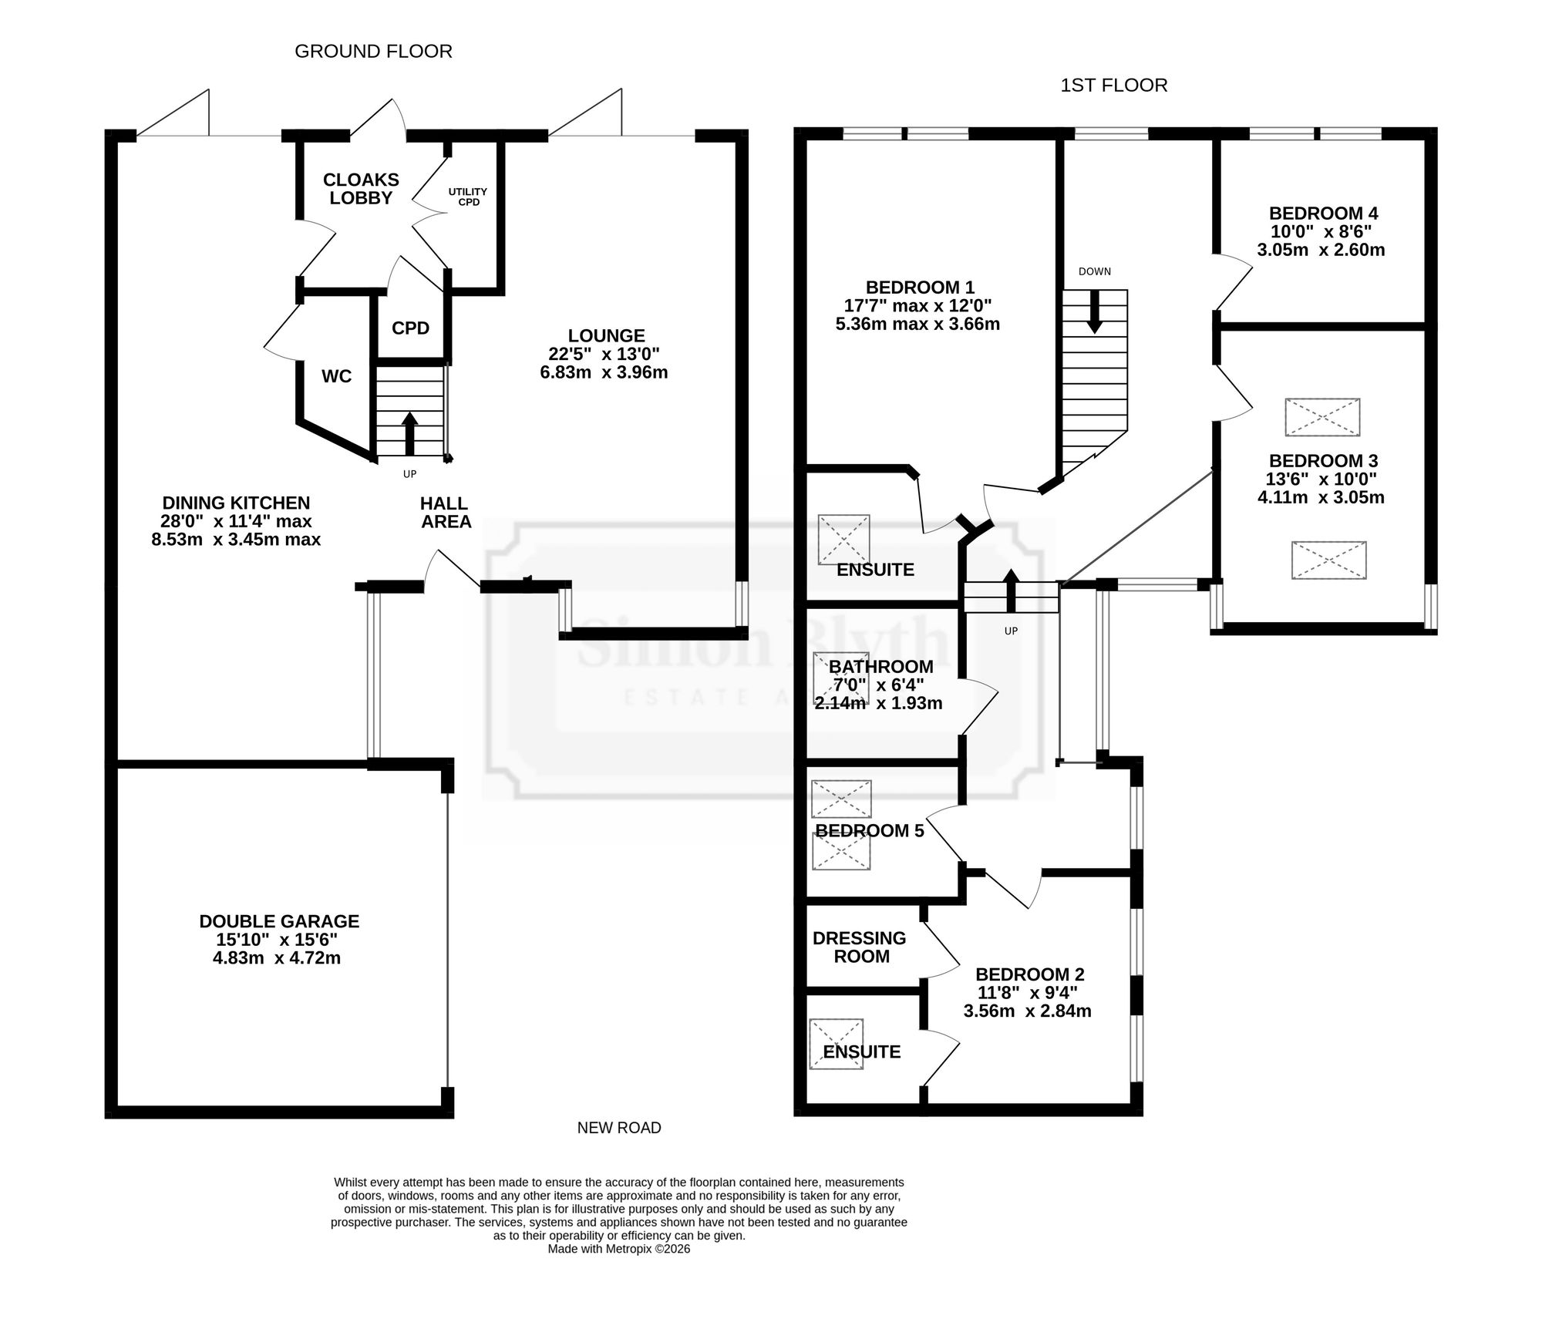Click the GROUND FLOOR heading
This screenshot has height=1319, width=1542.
(373, 52)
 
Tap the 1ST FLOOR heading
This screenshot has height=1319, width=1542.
(1113, 86)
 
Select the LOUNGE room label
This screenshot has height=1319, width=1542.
(606, 336)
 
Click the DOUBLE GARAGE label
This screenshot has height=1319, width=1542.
(279, 921)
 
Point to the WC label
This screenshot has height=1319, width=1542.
(336, 376)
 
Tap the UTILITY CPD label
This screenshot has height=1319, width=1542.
(468, 197)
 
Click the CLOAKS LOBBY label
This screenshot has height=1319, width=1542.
(361, 189)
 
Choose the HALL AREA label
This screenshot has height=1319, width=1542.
(445, 513)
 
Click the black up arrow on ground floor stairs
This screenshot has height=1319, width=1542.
(409, 433)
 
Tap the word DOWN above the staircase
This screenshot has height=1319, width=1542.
(1095, 271)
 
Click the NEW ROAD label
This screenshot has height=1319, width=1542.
(619, 1128)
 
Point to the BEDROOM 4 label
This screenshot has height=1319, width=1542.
(1324, 214)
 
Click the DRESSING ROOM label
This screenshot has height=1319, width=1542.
(860, 947)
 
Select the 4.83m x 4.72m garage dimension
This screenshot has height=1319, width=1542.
(277, 958)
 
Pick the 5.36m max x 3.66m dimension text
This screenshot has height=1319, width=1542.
(917, 325)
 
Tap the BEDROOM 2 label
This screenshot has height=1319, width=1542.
(1029, 974)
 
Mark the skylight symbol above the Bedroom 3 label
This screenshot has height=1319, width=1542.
(1322, 417)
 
